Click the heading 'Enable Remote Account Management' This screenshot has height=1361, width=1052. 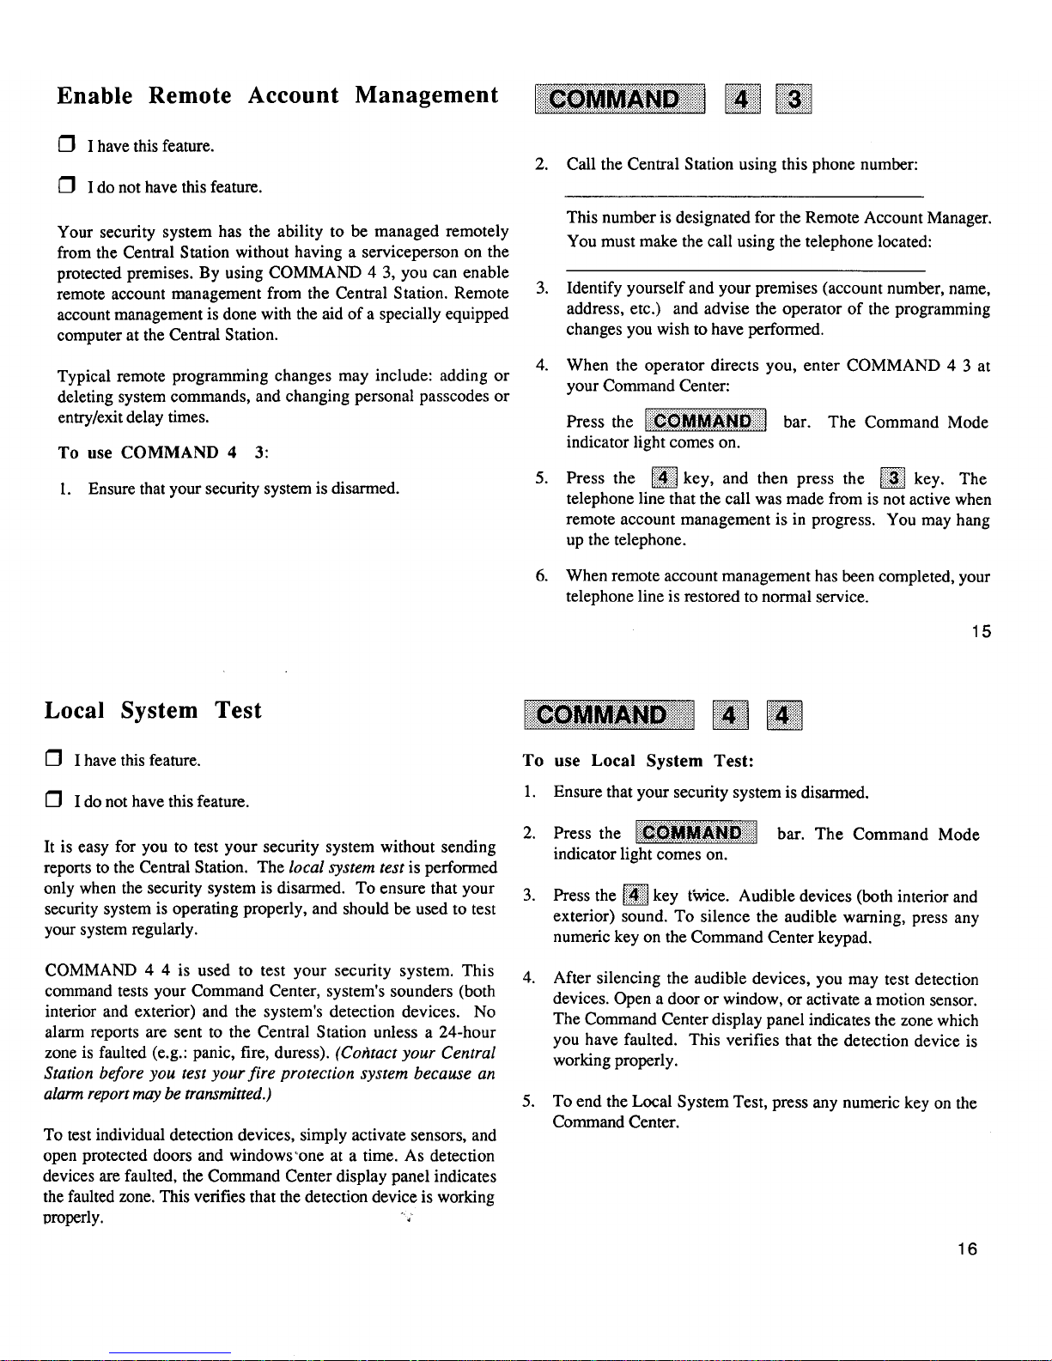pyautogui.click(x=277, y=95)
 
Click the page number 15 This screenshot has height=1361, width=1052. pyautogui.click(x=982, y=632)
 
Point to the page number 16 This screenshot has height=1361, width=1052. pyautogui.click(x=968, y=1249)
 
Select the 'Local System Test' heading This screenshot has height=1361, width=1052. pyautogui.click(x=153, y=711)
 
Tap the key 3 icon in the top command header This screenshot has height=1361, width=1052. pyautogui.click(x=794, y=100)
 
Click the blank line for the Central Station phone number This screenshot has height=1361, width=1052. pyautogui.click(x=744, y=197)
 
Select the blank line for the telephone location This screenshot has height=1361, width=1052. pyautogui.click(x=744, y=270)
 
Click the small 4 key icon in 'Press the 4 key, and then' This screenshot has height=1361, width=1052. pyautogui.click(x=664, y=478)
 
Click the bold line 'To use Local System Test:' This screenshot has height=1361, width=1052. pyautogui.click(x=638, y=761)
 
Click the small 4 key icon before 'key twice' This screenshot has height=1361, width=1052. pyautogui.click(x=635, y=896)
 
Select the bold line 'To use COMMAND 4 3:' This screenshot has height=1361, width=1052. pyautogui.click(x=163, y=453)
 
